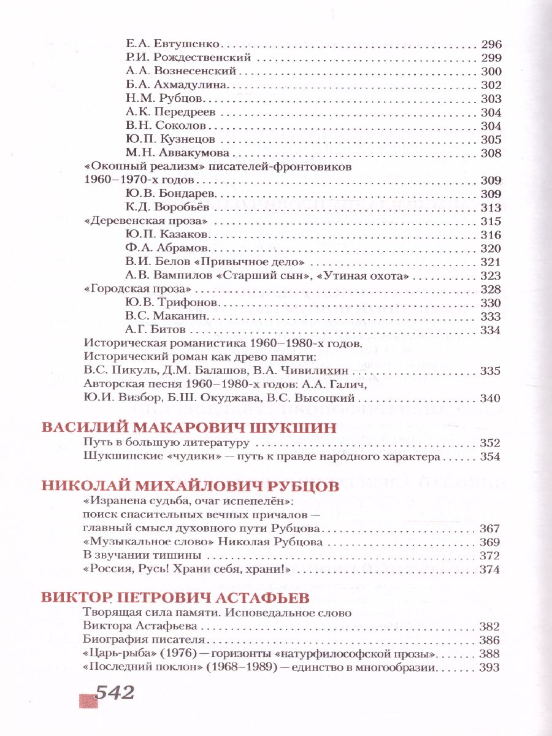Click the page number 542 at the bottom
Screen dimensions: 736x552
click(x=112, y=693)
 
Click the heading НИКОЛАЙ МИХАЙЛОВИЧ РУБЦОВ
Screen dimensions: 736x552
click(x=190, y=486)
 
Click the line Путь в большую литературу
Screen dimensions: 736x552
click(x=165, y=443)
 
